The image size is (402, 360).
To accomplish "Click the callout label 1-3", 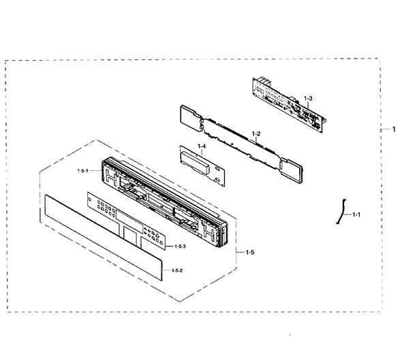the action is click(x=308, y=98).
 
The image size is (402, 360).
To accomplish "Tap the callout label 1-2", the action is click(x=256, y=133).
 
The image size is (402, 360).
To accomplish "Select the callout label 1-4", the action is click(x=202, y=146).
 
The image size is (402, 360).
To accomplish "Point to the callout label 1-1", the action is click(x=356, y=214).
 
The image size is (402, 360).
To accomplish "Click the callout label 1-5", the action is click(x=250, y=252).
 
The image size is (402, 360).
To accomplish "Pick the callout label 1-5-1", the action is click(x=83, y=171).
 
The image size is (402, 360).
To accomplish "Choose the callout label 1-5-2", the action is click(x=177, y=270).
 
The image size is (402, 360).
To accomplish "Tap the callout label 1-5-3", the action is click(x=180, y=246).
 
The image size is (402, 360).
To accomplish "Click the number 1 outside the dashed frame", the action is click(x=394, y=129).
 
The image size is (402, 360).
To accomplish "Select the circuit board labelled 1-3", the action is click(x=288, y=105).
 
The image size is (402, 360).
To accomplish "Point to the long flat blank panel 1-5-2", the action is click(x=104, y=238).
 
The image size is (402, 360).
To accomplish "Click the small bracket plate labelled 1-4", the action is click(x=202, y=165).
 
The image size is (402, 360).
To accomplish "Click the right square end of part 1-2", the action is click(x=292, y=171).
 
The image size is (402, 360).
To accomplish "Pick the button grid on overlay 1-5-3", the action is click(x=106, y=208).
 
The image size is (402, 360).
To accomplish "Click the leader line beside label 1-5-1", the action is click(x=95, y=170).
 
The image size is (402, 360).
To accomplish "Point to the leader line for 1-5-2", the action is click(x=167, y=270).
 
